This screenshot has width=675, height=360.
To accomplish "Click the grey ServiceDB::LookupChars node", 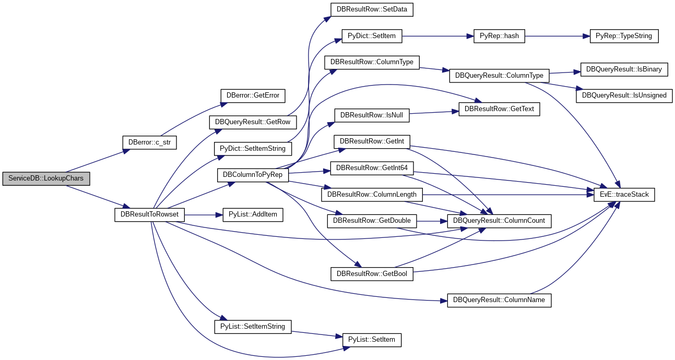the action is [x=46, y=178].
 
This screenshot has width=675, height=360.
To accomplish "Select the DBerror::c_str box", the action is [x=149, y=142].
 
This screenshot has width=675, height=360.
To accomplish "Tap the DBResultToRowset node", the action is [x=149, y=215].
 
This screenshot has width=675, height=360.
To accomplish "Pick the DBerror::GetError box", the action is [x=253, y=96].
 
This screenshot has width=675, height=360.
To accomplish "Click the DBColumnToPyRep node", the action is [x=253, y=175].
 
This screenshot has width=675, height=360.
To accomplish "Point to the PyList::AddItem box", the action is [x=253, y=215].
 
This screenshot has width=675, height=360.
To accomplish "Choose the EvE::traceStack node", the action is [x=624, y=195].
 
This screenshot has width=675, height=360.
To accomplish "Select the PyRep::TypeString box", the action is [x=624, y=36].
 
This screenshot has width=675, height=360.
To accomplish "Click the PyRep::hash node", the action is [x=499, y=36].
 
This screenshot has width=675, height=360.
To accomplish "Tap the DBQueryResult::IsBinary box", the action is [x=624, y=69].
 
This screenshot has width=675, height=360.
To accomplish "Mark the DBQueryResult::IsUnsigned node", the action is [x=624, y=96].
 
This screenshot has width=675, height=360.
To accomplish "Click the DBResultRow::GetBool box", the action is [x=372, y=274].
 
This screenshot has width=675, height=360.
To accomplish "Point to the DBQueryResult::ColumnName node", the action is [x=499, y=301].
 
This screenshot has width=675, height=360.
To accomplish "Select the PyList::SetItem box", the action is [x=372, y=340].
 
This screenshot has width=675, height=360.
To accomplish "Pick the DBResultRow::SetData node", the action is [x=372, y=9].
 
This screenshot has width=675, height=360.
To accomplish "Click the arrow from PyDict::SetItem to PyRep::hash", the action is [x=438, y=36].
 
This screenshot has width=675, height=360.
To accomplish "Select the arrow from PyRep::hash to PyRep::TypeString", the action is [x=557, y=36].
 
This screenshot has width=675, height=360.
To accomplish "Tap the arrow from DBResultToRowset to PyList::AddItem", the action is [x=204, y=215].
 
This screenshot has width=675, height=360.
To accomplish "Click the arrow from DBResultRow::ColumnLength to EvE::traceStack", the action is [x=508, y=195].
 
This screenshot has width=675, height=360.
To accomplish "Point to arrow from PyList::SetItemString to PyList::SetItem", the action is [x=317, y=334].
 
